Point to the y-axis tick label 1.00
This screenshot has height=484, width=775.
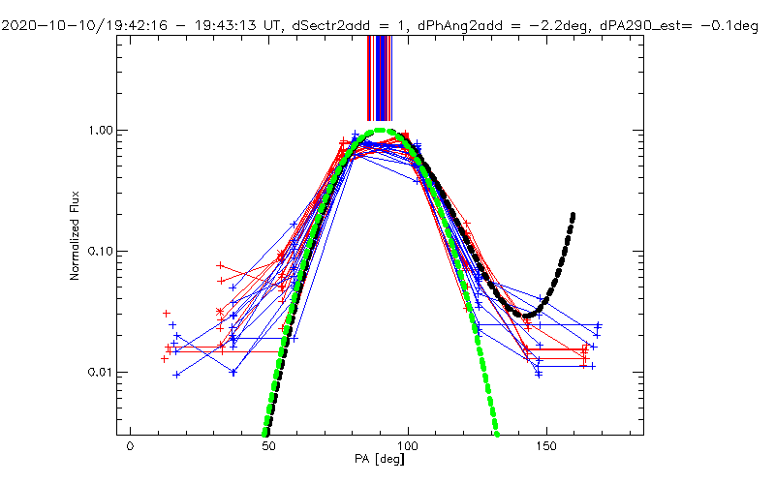(101, 130)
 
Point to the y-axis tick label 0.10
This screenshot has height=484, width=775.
(101, 251)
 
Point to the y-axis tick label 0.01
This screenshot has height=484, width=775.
(101, 373)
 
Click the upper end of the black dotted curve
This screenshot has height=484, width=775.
(573, 215)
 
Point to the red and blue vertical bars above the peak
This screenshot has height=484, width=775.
(379, 77)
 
